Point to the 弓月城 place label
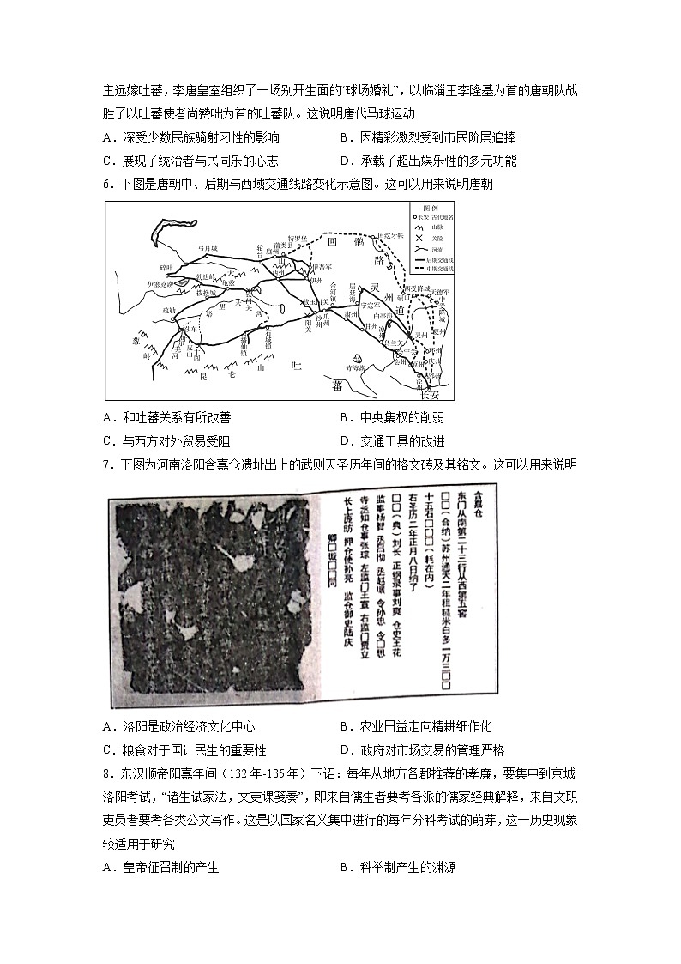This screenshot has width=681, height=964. coord(209,248)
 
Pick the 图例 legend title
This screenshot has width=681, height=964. coord(430,208)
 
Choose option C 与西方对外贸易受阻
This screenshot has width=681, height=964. coord(166,441)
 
